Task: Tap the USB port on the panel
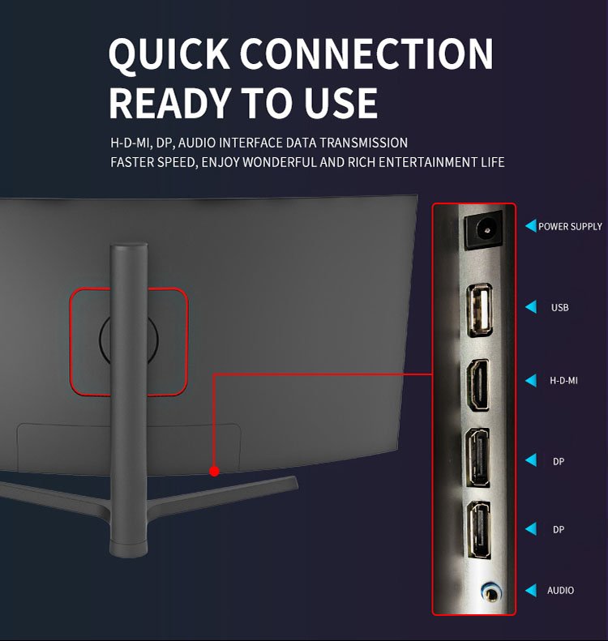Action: click(479, 311)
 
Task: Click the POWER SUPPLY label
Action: click(570, 226)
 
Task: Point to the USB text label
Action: click(560, 308)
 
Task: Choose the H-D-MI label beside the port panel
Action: click(563, 380)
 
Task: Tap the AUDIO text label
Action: click(560, 590)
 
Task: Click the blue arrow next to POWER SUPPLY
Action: click(531, 226)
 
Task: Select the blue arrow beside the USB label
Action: click(531, 307)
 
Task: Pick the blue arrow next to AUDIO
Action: click(531, 590)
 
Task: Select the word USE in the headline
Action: click(342, 103)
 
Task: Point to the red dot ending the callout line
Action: click(214, 471)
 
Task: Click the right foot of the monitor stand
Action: click(268, 487)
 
